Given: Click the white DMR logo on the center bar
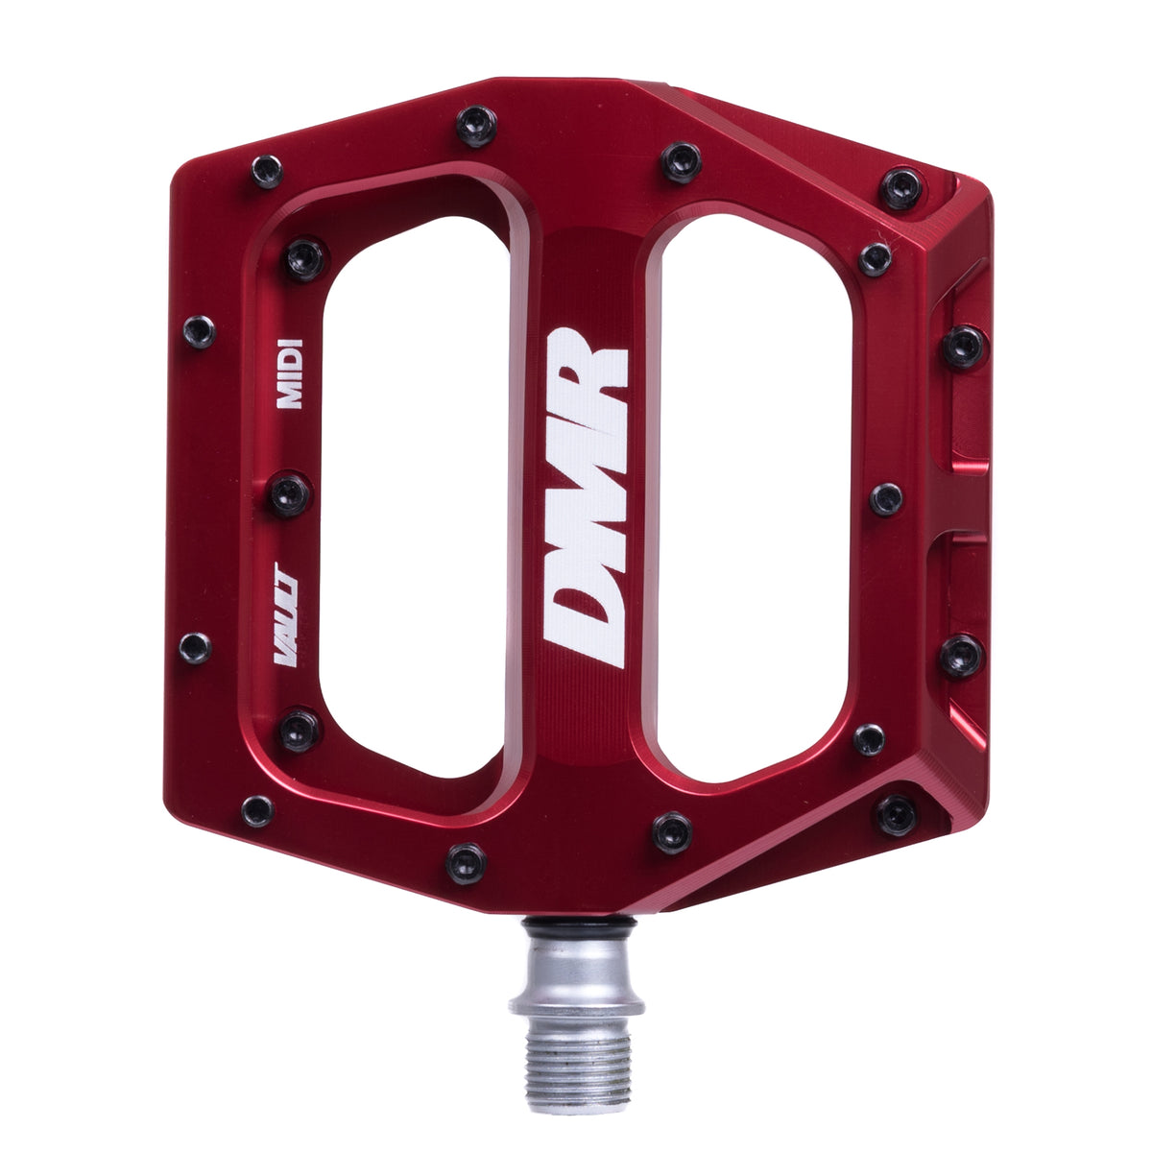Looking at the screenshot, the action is [x=587, y=497].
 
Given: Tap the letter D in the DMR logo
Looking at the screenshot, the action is [x=584, y=620].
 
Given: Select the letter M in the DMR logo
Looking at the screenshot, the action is [x=586, y=496].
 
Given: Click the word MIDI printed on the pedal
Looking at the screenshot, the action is [x=290, y=373].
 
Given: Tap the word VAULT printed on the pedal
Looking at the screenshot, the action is [x=286, y=613].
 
